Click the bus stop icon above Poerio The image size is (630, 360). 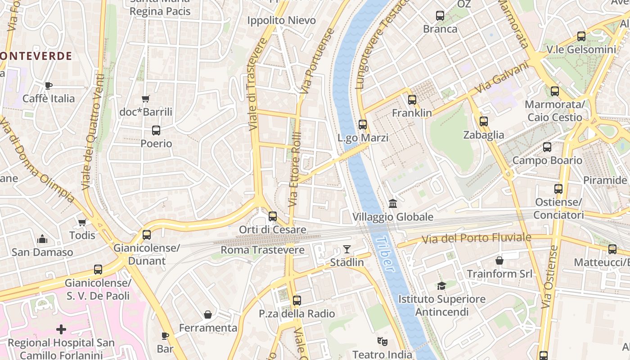156,130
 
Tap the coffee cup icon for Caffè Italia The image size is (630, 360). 49,85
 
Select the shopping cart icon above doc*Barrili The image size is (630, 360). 145,99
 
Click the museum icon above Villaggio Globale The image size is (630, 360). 393,204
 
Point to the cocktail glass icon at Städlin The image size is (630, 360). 347,249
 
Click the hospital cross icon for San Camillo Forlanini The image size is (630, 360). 61,329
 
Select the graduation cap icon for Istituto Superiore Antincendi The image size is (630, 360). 441,286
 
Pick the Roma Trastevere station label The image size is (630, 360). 262,250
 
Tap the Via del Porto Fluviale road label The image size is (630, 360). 477,238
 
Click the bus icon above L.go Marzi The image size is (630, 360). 363,125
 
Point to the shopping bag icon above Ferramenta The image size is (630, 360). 208,314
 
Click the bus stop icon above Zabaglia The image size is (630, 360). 484,121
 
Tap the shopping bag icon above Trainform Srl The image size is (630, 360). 499,261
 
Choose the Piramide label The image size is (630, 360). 605,180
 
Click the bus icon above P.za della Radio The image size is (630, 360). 297,300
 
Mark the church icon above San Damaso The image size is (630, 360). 42,238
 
